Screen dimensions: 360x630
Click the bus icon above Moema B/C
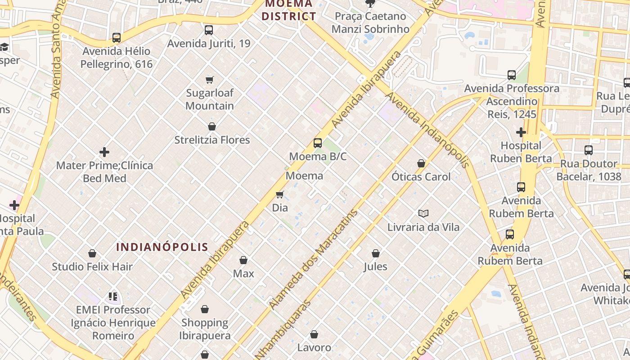click(318, 143)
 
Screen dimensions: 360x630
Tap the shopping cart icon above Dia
click(279, 194)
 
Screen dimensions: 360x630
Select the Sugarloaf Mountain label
click(210, 99)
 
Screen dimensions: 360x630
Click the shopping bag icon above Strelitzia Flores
click(212, 126)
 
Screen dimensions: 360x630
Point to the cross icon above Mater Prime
click(104, 152)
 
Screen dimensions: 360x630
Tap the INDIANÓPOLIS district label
click(162, 247)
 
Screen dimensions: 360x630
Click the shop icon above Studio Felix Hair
click(92, 253)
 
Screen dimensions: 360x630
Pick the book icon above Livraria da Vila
click(423, 213)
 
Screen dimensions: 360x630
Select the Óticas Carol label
click(421, 177)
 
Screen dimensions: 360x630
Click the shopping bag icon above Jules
click(376, 253)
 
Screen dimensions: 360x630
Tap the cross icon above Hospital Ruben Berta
click(521, 132)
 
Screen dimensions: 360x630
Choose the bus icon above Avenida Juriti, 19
click(209, 30)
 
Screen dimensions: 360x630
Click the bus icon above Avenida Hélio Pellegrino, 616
click(117, 38)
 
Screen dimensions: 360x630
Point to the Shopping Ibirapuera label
click(205, 329)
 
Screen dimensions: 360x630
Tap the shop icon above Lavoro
click(314, 334)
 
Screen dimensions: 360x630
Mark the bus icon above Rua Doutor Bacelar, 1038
click(588, 150)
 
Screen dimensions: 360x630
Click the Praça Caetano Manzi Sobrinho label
click(370, 22)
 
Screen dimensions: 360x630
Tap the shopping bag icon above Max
click(243, 260)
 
